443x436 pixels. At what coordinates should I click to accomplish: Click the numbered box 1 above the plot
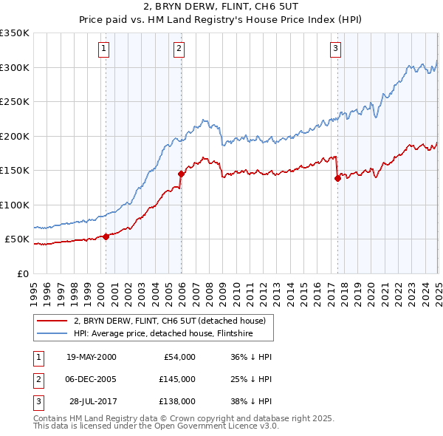pyautogui.click(x=104, y=50)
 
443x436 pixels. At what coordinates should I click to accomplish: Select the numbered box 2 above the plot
pyautogui.click(x=179, y=50)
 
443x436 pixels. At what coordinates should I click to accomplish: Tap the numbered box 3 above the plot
pyautogui.click(x=335, y=50)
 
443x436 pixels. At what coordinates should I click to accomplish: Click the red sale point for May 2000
pyautogui.click(x=106, y=236)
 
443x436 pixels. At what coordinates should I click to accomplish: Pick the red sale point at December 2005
pyautogui.click(x=181, y=174)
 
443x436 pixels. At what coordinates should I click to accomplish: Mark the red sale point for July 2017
pyautogui.click(x=337, y=178)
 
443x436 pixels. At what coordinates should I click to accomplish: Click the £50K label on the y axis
pyautogui.click(x=17, y=239)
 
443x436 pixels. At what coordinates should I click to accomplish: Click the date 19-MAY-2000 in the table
pyautogui.click(x=91, y=357)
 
